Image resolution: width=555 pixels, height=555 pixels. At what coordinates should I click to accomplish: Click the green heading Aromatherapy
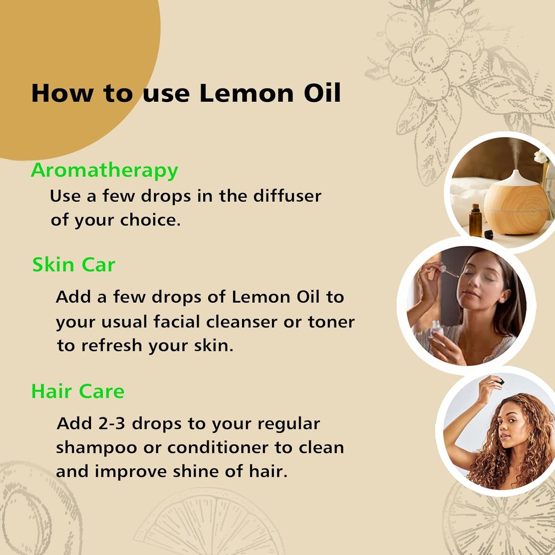point(104,171)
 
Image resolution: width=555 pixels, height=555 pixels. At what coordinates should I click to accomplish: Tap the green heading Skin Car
point(74,265)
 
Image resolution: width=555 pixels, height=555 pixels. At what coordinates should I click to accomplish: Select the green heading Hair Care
point(78,392)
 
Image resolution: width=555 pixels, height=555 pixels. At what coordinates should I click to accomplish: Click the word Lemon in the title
point(247,93)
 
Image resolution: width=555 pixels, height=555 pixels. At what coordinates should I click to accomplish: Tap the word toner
point(331,322)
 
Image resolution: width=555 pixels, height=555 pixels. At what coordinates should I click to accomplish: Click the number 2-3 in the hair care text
point(112,424)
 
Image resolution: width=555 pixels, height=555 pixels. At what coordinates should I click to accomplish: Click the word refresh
point(112,346)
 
